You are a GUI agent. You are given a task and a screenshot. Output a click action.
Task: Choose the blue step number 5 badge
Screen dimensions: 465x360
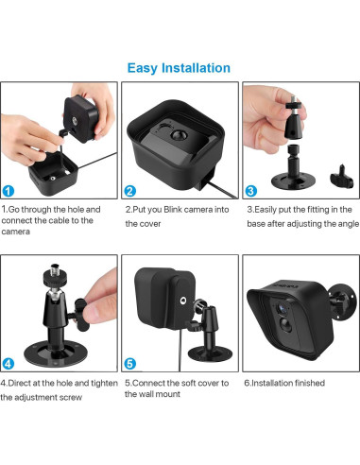[131, 362]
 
